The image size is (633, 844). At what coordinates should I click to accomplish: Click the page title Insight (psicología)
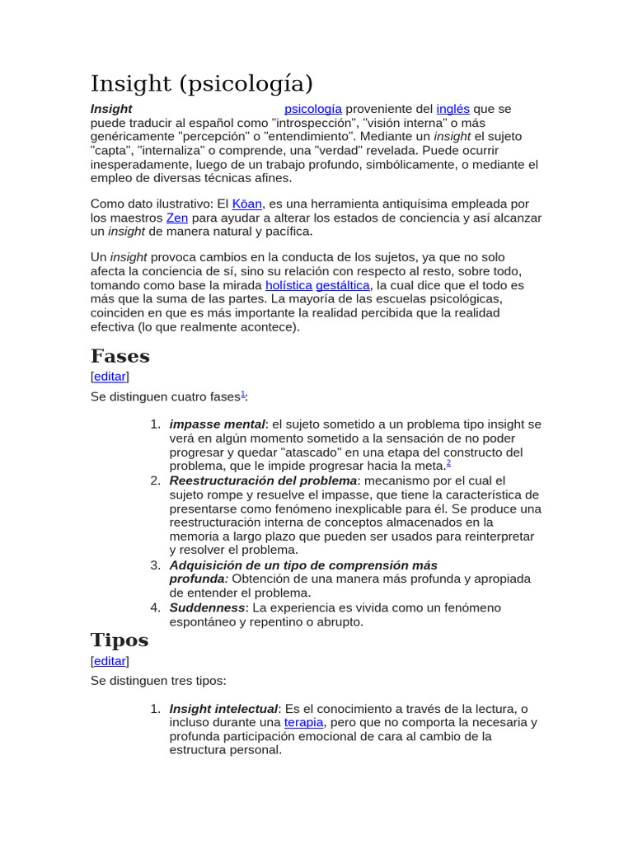pos(202,83)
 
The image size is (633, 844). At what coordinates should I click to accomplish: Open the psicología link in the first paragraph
pos(312,109)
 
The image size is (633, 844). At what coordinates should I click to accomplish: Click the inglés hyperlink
pos(452,109)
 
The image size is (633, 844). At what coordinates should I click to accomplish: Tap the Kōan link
pos(247,204)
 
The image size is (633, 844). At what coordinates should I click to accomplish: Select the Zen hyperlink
pos(177,218)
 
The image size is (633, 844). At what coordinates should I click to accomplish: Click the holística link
pos(288,285)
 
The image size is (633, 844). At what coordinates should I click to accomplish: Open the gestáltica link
pos(343,285)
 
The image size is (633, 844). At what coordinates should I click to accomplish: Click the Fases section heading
pos(120,356)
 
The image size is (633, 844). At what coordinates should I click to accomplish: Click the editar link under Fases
pos(110,377)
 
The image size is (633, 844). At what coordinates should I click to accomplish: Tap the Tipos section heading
pos(120,640)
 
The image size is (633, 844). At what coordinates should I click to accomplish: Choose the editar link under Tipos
pos(110,661)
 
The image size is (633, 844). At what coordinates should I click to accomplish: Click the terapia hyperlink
pos(304,722)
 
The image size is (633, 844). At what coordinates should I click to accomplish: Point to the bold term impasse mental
pos(217,424)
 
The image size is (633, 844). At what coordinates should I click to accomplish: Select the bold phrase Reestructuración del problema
pos(263,481)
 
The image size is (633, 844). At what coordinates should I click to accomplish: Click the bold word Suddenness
pos(207,607)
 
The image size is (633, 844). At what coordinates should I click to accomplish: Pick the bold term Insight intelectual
pos(223,709)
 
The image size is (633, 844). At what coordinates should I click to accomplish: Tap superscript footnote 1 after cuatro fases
pos(243,394)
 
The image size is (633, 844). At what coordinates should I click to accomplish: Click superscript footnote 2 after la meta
pos(448,463)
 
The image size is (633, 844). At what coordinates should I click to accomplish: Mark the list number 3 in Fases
pos(155,565)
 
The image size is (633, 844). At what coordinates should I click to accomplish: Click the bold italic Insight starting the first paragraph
pos(111,109)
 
